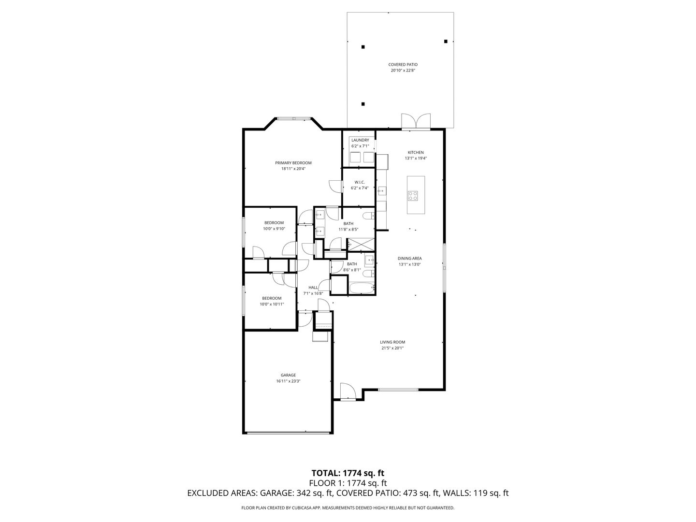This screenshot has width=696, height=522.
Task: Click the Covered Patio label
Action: tap(403, 65)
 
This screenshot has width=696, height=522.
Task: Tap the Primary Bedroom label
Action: tap(293, 163)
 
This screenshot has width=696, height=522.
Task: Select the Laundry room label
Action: tap(360, 140)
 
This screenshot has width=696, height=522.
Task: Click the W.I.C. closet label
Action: tap(360, 182)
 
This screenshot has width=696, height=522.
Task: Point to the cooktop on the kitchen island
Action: tap(413, 196)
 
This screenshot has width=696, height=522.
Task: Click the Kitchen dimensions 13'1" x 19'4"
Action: tap(416, 158)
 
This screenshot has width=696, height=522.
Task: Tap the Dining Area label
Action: tap(410, 258)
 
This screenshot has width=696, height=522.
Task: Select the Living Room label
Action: tap(392, 342)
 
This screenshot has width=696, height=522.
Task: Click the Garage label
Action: tap(288, 375)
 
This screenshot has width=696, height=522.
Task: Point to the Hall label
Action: tap(313, 288)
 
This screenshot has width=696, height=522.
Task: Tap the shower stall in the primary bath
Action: tap(361, 245)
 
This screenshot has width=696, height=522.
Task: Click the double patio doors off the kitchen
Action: tap(416, 121)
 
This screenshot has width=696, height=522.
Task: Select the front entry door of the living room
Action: tap(348, 391)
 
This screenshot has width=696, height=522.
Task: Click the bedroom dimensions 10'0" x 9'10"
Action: tap(274, 229)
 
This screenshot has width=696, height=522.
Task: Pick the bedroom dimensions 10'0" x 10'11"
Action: tap(272, 304)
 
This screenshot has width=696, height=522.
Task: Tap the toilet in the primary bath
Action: tap(369, 216)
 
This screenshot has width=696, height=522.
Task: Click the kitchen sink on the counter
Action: tap(381, 191)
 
